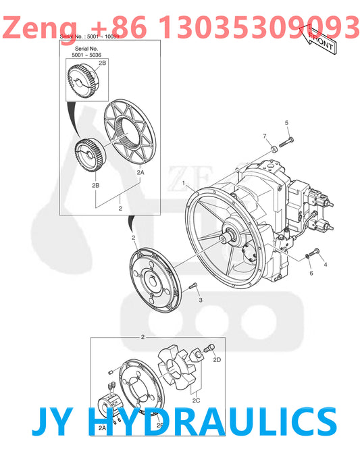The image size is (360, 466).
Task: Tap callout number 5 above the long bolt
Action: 286,122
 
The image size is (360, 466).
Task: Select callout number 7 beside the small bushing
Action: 265,136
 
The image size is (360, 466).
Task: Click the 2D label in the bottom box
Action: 217,360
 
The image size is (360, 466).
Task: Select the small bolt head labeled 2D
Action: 209,347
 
